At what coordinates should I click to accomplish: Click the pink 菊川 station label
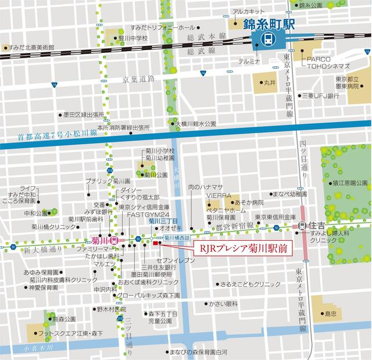pos(100,240)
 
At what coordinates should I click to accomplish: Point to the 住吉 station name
pos(317,225)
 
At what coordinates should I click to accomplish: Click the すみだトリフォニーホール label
pos(162,27)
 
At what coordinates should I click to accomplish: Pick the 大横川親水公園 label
pos(195,124)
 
